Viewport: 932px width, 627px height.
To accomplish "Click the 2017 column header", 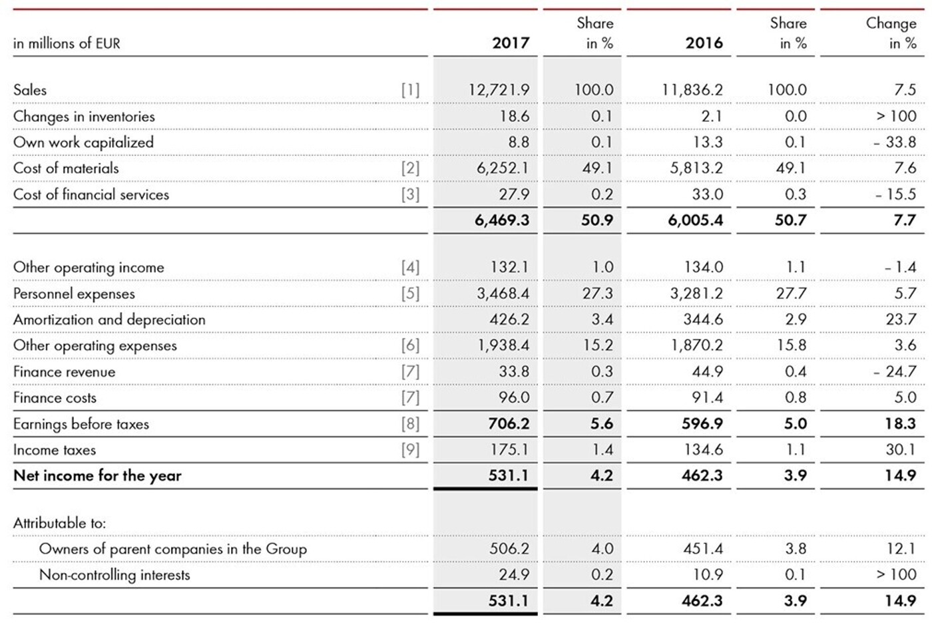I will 510,43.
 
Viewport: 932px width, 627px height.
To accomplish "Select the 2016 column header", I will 704,43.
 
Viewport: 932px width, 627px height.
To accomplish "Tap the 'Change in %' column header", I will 891,33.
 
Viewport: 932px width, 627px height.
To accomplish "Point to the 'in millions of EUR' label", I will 67,44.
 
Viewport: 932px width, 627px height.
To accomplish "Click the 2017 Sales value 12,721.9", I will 499,90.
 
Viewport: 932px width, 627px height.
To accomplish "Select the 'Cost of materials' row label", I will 66,168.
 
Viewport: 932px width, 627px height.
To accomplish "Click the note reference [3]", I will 410,194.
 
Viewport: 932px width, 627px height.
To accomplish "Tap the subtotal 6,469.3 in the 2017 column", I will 501,220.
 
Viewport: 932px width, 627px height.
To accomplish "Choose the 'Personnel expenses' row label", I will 74,294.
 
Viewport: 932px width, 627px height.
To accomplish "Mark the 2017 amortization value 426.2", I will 509,319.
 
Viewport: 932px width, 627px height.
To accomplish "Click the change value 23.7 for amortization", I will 901,319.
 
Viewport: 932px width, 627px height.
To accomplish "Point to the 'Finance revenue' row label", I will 64,372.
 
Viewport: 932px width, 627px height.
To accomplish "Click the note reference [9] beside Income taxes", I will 410,450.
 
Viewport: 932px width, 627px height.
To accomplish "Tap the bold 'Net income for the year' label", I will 97,476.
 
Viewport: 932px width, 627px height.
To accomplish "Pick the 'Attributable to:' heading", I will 59,523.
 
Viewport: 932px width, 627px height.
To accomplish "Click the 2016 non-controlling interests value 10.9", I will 708,575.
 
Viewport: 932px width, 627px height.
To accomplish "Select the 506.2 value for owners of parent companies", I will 509,549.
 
